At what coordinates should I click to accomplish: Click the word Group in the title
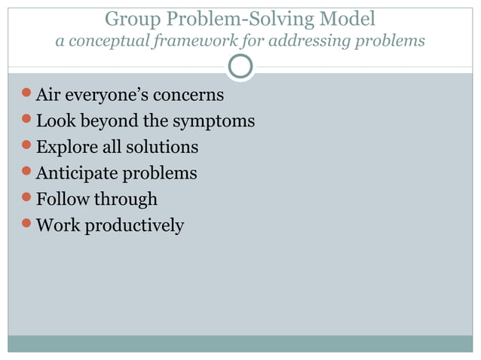point(128,17)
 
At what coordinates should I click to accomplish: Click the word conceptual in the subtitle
point(112,40)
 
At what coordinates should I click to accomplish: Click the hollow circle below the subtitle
point(240,67)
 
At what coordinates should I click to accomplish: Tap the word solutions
point(163,148)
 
